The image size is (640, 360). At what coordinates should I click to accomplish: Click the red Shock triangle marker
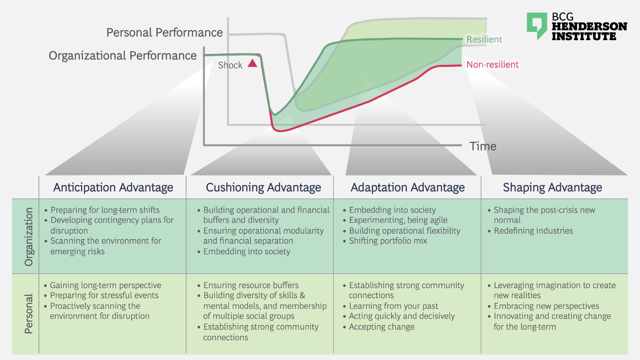[252, 64]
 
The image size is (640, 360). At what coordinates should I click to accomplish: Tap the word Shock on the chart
[230, 65]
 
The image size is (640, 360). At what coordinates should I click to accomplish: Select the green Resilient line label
[484, 39]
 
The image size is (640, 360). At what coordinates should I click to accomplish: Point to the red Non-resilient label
[492, 64]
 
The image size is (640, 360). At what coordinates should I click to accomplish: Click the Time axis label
[483, 146]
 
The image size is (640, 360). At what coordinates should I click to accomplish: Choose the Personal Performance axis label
[165, 32]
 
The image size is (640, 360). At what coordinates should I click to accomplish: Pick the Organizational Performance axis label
[123, 55]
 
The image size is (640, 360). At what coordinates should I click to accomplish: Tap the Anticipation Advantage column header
[113, 187]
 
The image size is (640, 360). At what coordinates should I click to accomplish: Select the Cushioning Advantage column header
[263, 187]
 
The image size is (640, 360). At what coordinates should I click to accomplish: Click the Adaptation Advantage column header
[407, 187]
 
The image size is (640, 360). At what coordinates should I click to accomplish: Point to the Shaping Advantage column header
[552, 187]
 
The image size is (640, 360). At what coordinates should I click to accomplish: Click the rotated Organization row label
[29, 236]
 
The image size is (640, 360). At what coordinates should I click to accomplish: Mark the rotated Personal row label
[29, 314]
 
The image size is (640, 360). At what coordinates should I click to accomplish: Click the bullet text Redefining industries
[533, 231]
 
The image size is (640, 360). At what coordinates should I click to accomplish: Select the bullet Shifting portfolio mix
[388, 241]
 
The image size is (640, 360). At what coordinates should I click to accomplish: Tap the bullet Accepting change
[382, 327]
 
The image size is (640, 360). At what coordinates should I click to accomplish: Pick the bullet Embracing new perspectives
[546, 306]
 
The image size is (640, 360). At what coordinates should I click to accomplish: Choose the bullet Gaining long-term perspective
[106, 285]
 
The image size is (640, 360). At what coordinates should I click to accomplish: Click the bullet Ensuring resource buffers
[251, 285]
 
